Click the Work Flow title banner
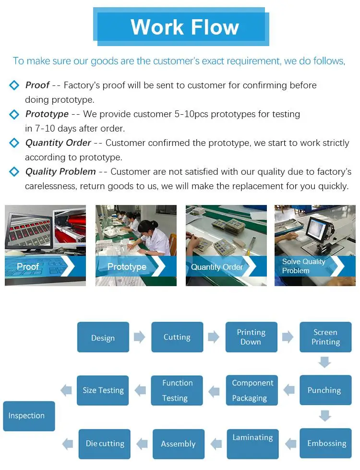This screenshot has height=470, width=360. pyautogui.click(x=184, y=27)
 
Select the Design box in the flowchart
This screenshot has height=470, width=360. pyautogui.click(x=103, y=337)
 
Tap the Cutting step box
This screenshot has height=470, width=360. pyautogui.click(x=177, y=337)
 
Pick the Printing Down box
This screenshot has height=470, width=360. pyautogui.click(x=251, y=337)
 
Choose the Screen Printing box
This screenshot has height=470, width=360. pyautogui.click(x=325, y=337)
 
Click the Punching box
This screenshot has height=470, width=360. pyautogui.click(x=324, y=390)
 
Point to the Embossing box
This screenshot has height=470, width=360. pyautogui.click(x=326, y=443)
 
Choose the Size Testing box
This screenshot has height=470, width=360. pyautogui.click(x=103, y=390)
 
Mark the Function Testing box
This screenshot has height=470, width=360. pyautogui.click(x=177, y=390)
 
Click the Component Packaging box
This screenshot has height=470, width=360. pyautogui.click(x=252, y=390)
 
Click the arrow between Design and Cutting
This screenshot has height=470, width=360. pyautogui.click(x=139, y=337)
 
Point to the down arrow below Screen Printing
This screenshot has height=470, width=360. pyautogui.click(x=325, y=362)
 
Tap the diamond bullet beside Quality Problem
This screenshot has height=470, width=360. pyautogui.click(x=14, y=172)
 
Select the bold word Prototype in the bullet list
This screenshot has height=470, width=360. pyautogui.click(x=47, y=114)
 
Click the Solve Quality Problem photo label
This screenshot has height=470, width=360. pyautogui.click(x=303, y=266)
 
